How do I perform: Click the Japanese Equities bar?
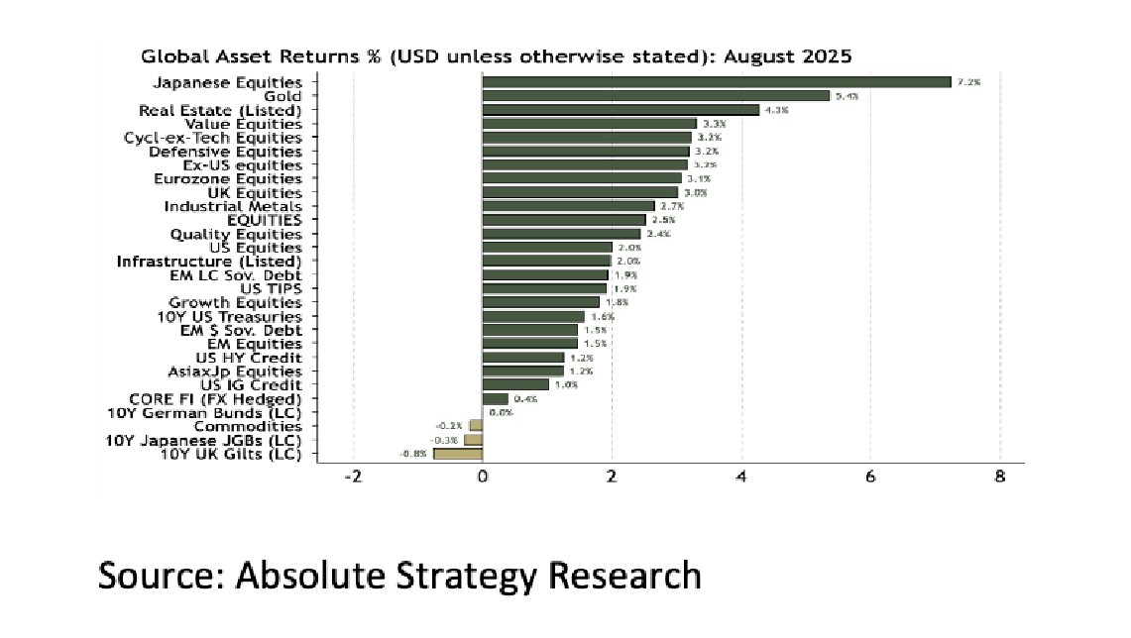[x=716, y=82]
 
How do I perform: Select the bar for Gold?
[x=655, y=96]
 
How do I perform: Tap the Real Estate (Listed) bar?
[x=621, y=110]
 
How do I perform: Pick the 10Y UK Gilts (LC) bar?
[x=458, y=454]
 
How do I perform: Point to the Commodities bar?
[x=476, y=426]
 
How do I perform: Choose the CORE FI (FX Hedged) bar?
[x=496, y=399]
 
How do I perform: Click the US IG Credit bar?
[x=515, y=384]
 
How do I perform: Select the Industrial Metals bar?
[x=568, y=206]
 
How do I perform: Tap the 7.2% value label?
[x=968, y=83]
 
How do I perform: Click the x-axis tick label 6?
[x=870, y=477]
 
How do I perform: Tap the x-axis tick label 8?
[x=999, y=477]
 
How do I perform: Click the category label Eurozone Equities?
[x=228, y=178]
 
